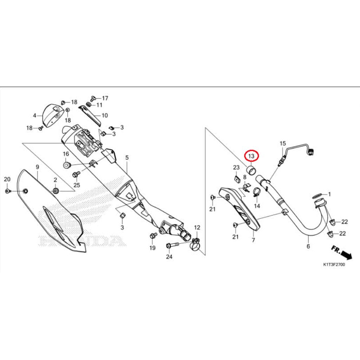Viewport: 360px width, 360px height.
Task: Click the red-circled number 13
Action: click(x=251, y=156)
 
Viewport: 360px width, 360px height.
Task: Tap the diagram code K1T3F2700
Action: click(x=334, y=264)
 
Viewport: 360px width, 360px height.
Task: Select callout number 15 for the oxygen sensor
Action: click(x=283, y=143)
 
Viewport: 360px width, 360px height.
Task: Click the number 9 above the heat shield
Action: click(x=37, y=167)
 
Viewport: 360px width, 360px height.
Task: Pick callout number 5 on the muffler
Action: click(x=127, y=158)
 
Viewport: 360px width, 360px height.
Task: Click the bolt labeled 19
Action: click(x=153, y=236)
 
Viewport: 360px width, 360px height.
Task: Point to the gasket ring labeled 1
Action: click(x=317, y=196)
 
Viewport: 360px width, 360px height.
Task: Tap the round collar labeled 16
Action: click(x=66, y=165)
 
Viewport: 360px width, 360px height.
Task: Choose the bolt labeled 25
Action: click(x=76, y=175)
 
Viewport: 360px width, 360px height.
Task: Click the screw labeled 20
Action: click(x=8, y=191)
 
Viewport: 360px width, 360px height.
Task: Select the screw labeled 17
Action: click(x=93, y=98)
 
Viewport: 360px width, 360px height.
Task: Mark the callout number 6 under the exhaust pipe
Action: click(x=308, y=246)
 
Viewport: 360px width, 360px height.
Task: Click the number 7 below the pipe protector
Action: click(x=253, y=240)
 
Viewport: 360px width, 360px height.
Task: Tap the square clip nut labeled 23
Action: click(x=236, y=178)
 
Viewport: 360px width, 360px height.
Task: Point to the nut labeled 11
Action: click(x=88, y=104)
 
